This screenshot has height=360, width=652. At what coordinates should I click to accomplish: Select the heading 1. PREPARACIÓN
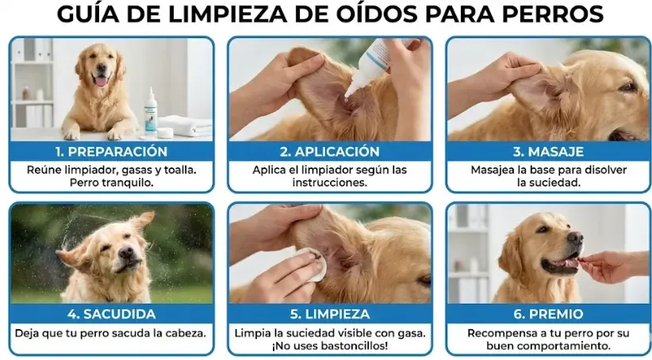[111, 151]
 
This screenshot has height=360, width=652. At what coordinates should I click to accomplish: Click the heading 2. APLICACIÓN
[329, 151]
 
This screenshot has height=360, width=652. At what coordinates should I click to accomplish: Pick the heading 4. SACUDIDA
[111, 314]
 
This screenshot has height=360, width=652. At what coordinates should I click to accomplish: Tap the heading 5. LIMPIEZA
[329, 314]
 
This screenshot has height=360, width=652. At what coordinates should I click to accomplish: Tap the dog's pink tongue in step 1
[101, 80]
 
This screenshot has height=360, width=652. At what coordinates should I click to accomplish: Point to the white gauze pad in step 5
[311, 265]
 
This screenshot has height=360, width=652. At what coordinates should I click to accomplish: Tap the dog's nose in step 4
[125, 253]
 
